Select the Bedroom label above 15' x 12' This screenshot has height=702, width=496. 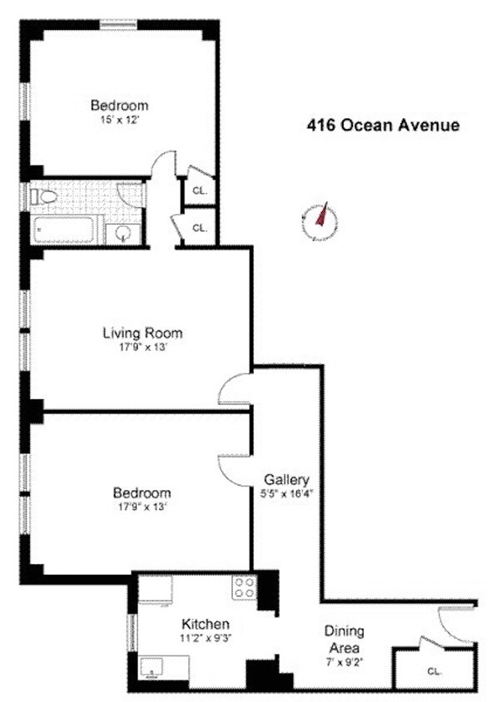coord(119,106)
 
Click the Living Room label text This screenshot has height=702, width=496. coord(141,334)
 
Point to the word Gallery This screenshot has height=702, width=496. coord(286,480)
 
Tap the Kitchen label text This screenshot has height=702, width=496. coord(206,624)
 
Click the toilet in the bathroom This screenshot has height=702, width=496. coord(42,198)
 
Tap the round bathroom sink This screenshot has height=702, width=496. coord(123,232)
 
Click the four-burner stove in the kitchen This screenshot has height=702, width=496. coord(244,587)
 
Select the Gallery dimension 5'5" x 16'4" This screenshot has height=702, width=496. coord(286,493)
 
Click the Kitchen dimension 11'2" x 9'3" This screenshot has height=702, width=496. coord(206,638)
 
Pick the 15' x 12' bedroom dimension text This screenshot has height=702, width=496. coord(119,120)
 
